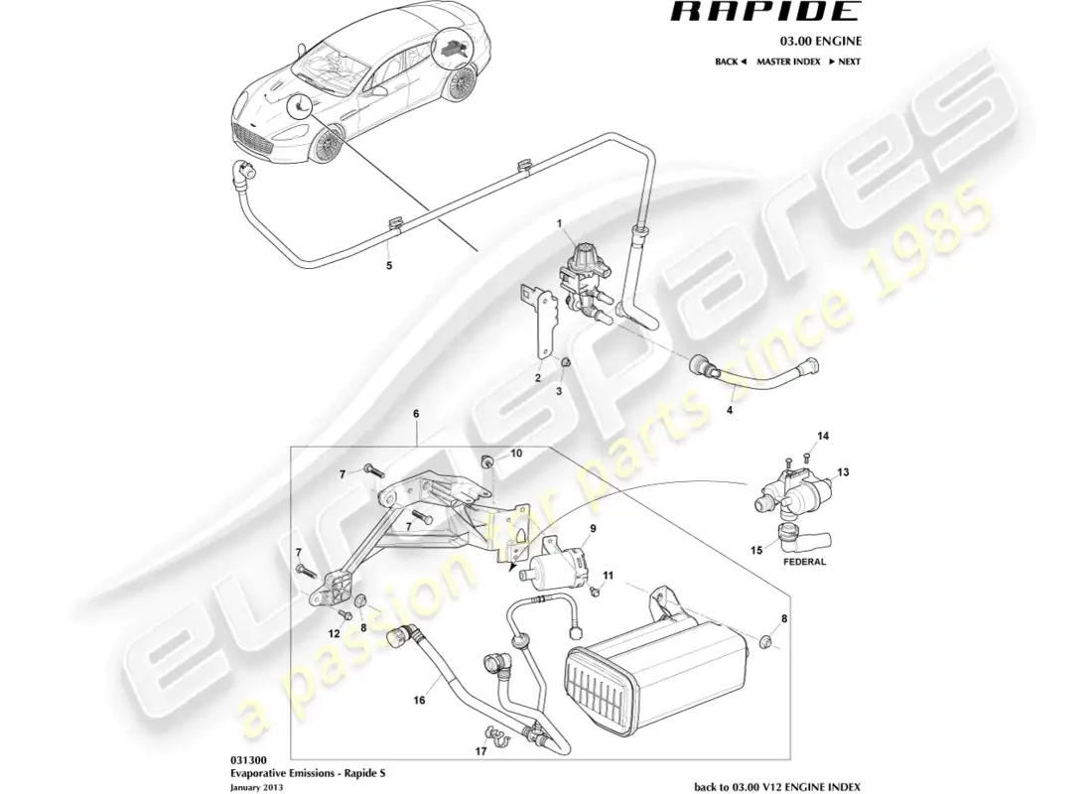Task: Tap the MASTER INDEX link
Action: coord(787,62)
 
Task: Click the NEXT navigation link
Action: coord(845,62)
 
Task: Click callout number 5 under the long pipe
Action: coord(389,265)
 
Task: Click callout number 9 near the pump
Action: coord(593,528)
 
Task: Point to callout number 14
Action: coord(822,436)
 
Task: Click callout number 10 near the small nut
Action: coord(515,454)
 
